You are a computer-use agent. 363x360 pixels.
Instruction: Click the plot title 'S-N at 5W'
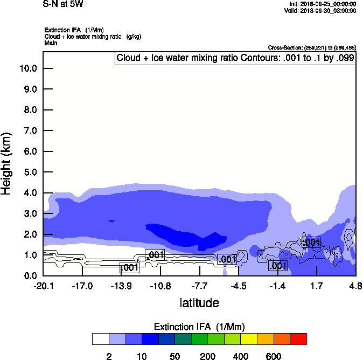pyautogui.click(x=62, y=4)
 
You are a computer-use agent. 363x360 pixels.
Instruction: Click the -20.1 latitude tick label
pyautogui.click(x=43, y=286)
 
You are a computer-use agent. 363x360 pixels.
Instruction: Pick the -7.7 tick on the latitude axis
pyautogui.click(x=199, y=286)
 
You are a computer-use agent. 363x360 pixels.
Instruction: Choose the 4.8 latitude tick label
pyautogui.click(x=355, y=286)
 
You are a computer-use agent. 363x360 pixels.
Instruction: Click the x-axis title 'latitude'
pyautogui.click(x=199, y=303)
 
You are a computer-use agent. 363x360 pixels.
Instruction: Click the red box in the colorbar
pyautogui.click(x=298, y=338)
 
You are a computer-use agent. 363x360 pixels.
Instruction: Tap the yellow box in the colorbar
pyautogui.click(x=248, y=338)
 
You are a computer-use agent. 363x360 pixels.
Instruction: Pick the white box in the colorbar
pyautogui.click(x=100, y=338)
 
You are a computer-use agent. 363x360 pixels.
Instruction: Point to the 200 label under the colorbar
pyautogui.click(x=207, y=356)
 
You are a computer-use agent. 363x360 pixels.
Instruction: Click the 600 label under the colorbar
pyautogui.click(x=273, y=356)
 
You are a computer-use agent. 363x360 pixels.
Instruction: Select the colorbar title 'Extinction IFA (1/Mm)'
pyautogui.click(x=199, y=327)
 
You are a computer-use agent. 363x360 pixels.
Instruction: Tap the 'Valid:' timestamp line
pyautogui.click(x=320, y=10)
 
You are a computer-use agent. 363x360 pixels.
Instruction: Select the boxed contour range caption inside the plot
pyautogui.click(x=235, y=58)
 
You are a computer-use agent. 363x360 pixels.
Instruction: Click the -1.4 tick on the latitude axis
pyautogui.click(x=277, y=286)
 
